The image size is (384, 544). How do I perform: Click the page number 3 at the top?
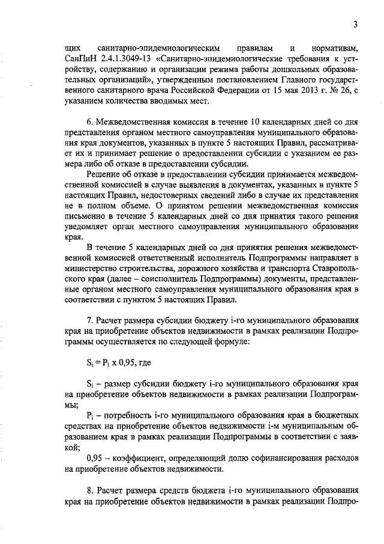355,25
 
